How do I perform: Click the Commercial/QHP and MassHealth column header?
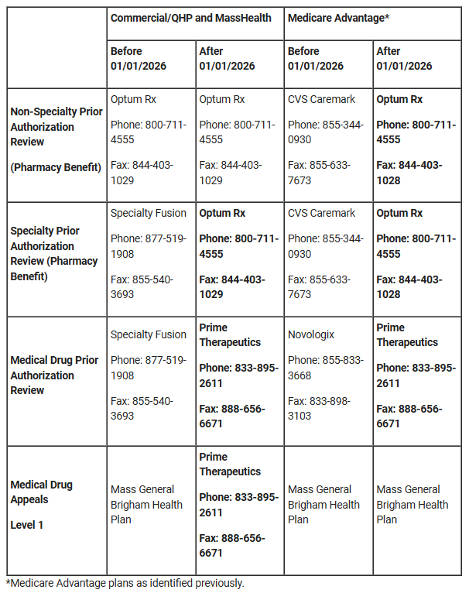pos(191,17)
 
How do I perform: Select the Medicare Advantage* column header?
pos(337,17)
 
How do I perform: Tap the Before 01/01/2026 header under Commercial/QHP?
pos(138,59)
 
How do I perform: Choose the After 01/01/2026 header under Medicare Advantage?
pos(404,59)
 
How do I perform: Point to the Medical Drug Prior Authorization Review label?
pos(54,375)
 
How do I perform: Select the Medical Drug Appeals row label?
pos(41,492)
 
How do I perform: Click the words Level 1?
pos(27,525)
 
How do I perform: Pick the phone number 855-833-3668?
pos(326,368)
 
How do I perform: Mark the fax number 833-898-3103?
pos(319,408)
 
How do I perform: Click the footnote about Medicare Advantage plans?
pos(125,583)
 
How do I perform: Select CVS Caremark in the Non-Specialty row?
pos(321,99)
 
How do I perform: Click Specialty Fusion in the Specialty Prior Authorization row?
pos(149,213)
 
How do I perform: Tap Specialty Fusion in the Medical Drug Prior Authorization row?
pos(149,334)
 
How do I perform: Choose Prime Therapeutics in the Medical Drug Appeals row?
pos(230,464)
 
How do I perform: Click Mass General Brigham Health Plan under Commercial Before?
pos(147,504)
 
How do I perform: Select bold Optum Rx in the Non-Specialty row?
pos(399,99)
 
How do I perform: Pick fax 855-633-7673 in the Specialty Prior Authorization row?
pos(319,286)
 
